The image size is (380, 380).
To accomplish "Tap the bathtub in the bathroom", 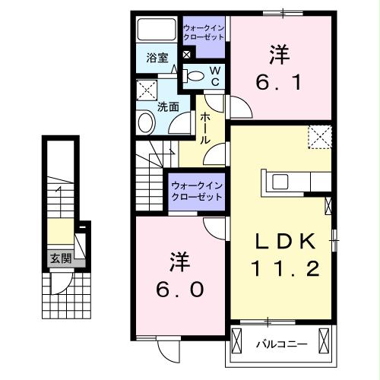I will click(x=157, y=30).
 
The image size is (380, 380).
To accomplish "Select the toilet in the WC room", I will click(x=195, y=74).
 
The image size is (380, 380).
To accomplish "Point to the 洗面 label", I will click(x=167, y=107).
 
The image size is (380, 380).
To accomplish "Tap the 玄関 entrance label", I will click(x=61, y=258).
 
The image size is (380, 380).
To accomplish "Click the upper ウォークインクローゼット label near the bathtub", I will click(x=204, y=34).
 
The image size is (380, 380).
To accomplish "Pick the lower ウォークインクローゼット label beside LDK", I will click(x=195, y=190).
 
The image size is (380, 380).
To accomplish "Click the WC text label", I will click(x=215, y=75).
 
